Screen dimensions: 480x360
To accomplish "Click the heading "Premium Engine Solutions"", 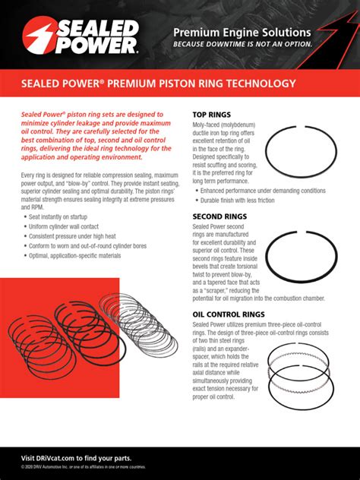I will tap(242, 33).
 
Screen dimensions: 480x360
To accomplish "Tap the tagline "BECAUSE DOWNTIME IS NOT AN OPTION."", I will tap(242, 44).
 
